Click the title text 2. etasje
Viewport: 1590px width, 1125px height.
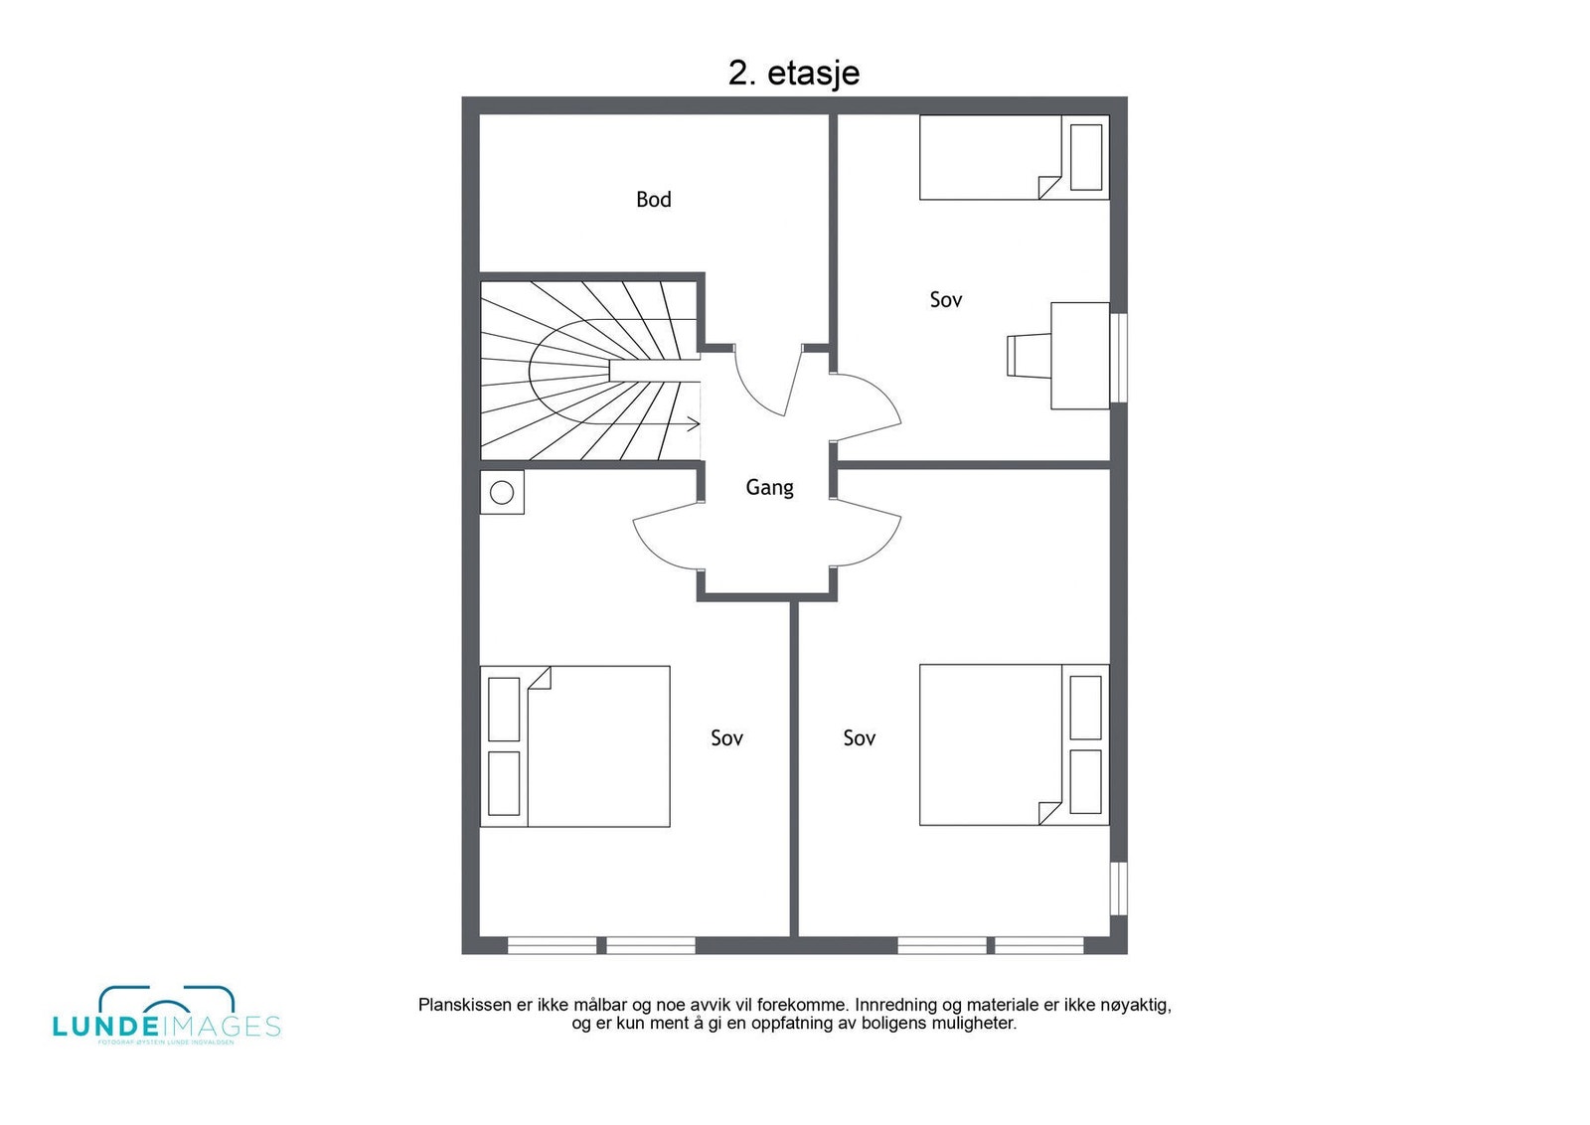[793, 74]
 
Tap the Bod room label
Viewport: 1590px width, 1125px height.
[653, 200]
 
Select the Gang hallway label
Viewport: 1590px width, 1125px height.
[769, 487]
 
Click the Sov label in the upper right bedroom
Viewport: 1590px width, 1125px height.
[945, 300]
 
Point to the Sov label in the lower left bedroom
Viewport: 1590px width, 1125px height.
[726, 738]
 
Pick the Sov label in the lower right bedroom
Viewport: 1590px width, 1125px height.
[859, 738]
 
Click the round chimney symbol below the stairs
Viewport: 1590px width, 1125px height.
[502, 492]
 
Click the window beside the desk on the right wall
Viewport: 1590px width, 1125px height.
[1119, 358]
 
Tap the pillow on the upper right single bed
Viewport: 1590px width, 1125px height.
[1085, 157]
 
